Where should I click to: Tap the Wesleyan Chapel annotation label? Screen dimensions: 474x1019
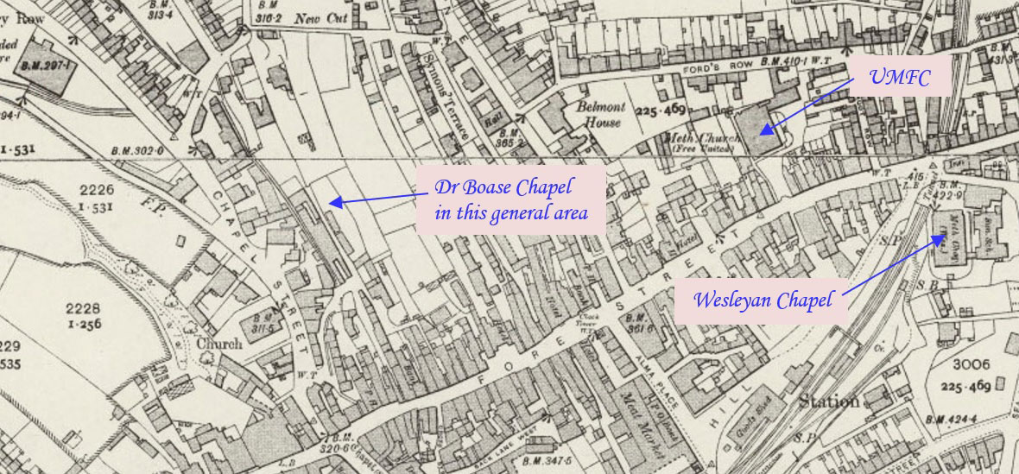pyautogui.click(x=763, y=300)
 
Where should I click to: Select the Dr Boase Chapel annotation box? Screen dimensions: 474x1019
pyautogui.click(x=510, y=199)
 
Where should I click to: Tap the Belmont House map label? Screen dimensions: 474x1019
pyautogui.click(x=600, y=115)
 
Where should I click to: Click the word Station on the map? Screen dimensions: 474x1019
pyautogui.click(x=828, y=401)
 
